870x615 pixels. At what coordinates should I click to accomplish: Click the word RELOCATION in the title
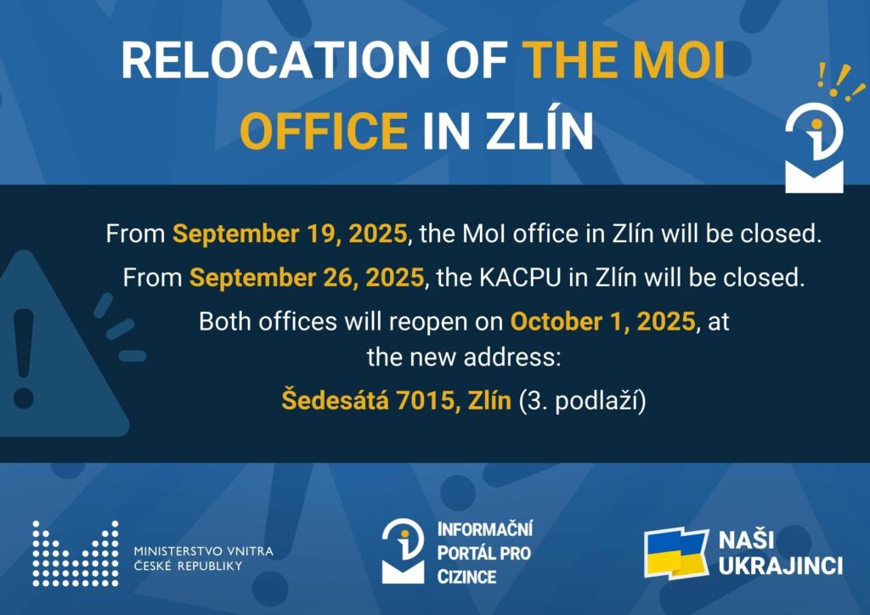tap(275, 60)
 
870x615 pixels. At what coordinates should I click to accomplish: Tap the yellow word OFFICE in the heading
tap(324, 131)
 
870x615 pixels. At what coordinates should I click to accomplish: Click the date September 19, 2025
tap(290, 234)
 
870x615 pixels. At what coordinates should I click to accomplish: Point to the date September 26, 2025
tap(307, 277)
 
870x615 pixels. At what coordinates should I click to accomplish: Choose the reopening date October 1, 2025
tap(602, 321)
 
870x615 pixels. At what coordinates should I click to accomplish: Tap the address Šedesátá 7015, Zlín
tap(396, 399)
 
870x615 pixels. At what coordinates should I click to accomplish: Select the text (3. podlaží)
tap(583, 400)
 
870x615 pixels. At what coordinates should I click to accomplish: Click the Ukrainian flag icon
tap(676, 554)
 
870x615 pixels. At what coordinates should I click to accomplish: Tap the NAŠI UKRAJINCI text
tap(781, 553)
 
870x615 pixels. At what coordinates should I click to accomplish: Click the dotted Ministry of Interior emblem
tap(76, 554)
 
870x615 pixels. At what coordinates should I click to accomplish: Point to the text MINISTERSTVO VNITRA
tap(204, 551)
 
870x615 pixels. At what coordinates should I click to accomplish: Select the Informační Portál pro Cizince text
tap(485, 552)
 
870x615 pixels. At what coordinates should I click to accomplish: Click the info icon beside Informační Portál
tap(403, 551)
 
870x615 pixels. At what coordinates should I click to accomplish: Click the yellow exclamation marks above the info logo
tap(841, 82)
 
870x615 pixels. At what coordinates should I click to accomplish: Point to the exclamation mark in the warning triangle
tap(23, 358)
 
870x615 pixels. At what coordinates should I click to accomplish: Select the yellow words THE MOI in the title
tap(624, 60)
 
